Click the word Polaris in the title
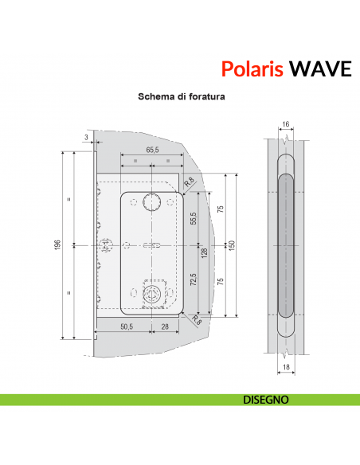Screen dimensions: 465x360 (250, 68)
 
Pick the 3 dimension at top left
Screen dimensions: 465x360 (86, 138)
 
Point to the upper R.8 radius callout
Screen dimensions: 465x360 (188, 183)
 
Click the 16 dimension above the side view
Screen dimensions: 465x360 (284, 125)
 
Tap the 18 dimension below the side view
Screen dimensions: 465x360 (284, 369)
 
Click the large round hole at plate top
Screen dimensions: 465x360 (152, 204)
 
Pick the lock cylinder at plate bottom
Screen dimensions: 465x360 (151, 295)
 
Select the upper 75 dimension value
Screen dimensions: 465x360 (221, 209)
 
